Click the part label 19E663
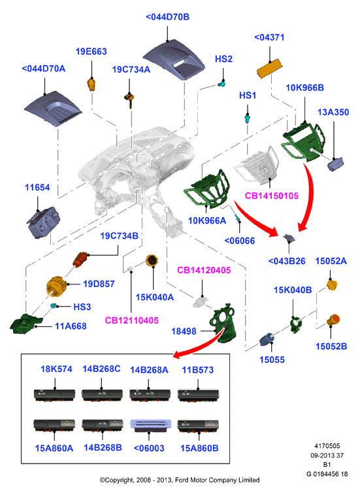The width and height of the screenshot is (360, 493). [91, 51]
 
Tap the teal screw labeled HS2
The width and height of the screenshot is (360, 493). [221, 84]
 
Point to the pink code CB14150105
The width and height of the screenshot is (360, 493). [271, 195]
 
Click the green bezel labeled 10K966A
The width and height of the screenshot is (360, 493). [207, 189]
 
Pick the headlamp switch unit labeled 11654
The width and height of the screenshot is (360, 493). [43, 222]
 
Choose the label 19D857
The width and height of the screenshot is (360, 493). [99, 284]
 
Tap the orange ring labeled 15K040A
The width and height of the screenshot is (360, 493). [152, 261]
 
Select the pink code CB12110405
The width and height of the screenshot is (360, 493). [131, 320]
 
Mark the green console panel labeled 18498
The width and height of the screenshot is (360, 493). [223, 323]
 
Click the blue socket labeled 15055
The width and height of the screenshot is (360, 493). [267, 339]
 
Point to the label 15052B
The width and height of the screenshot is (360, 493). [331, 346]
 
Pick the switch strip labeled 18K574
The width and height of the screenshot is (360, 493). [55, 395]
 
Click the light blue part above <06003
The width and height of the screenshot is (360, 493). [150, 425]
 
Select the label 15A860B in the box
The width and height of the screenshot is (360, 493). [199, 448]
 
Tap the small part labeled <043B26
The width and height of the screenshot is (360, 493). [289, 238]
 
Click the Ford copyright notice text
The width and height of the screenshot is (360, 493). [180, 480]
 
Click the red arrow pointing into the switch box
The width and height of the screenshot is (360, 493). [199, 345]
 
